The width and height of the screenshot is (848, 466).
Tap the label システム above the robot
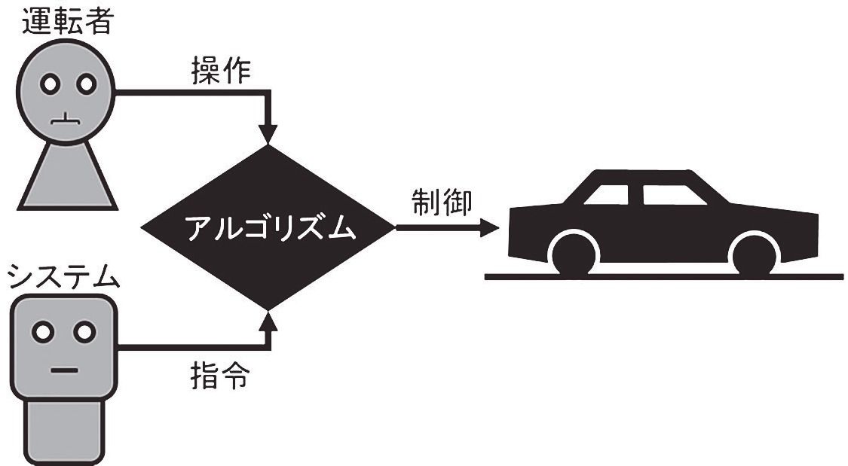tap(64, 277)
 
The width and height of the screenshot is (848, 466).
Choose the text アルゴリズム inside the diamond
tap(269, 228)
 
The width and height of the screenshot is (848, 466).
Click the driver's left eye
tap(50, 84)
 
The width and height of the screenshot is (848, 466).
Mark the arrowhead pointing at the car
tap(490, 227)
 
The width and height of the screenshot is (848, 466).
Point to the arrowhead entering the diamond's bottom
tap(268, 321)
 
